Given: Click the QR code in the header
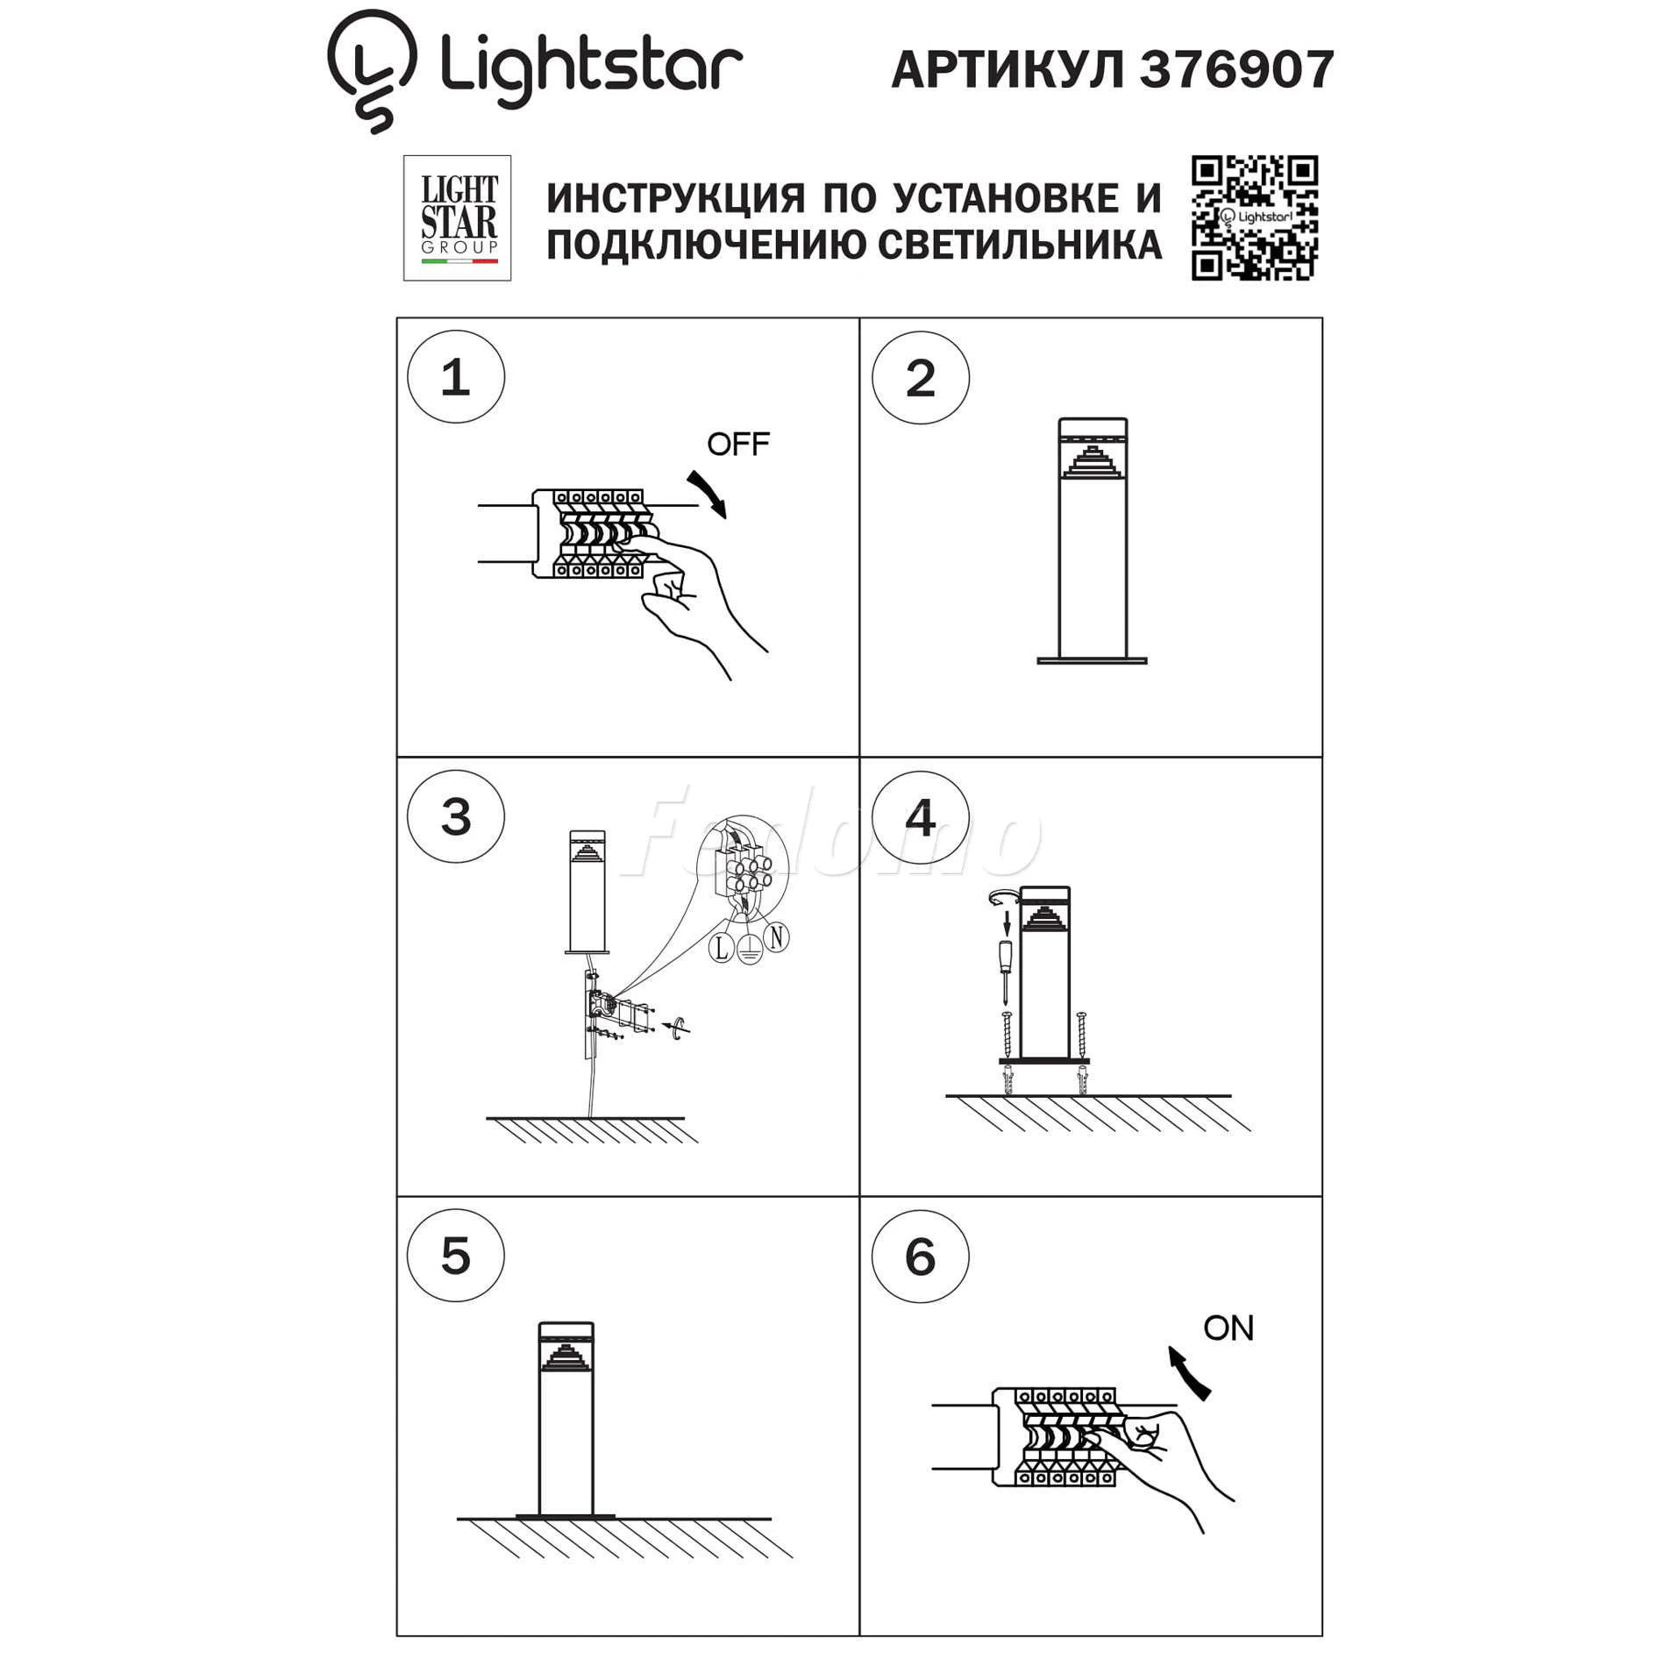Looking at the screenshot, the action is [x=1254, y=218].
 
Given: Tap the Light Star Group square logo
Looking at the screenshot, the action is [x=457, y=218].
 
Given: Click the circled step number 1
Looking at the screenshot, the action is [x=456, y=377].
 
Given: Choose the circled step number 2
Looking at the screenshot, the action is [x=921, y=378].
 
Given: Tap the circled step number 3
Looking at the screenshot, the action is [x=456, y=816].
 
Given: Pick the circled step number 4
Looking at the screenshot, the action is [x=921, y=817].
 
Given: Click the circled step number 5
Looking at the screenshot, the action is [x=456, y=1256].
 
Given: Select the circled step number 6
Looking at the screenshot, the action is [x=921, y=1256].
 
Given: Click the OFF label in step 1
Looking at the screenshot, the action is [x=738, y=445].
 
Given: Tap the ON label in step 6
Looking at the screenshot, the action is [x=1228, y=1328].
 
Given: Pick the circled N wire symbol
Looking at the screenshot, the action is [x=776, y=937].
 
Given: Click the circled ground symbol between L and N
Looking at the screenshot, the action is [x=748, y=950].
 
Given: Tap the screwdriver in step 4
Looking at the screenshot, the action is [x=1007, y=970].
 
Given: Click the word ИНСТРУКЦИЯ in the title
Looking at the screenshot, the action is [x=675, y=198].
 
